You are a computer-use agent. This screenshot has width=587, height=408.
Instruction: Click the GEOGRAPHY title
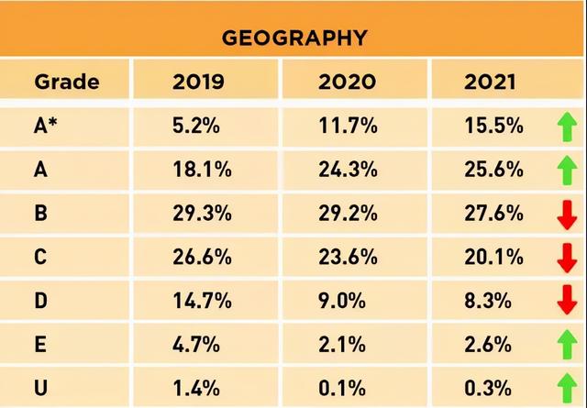pyautogui.click(x=294, y=38)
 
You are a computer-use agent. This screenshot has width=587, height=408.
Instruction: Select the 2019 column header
pyautogui.click(x=198, y=82)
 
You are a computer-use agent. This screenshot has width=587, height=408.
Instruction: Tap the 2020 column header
pyautogui.click(x=347, y=82)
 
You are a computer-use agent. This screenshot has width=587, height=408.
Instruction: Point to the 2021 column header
pyautogui.click(x=490, y=82)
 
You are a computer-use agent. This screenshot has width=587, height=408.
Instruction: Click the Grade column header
pyautogui.click(x=67, y=82)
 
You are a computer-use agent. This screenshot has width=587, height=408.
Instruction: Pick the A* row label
pyautogui.click(x=46, y=126)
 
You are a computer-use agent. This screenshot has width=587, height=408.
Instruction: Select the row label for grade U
pyautogui.click(x=40, y=388)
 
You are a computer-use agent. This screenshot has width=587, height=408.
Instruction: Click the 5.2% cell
pyautogui.click(x=195, y=126)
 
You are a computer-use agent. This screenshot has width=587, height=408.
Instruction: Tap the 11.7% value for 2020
pyautogui.click(x=348, y=126)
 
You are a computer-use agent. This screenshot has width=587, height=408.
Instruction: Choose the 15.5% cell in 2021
pyautogui.click(x=493, y=126)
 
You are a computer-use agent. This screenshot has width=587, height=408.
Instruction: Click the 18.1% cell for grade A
pyautogui.click(x=202, y=170)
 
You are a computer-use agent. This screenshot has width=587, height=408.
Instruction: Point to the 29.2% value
pyautogui.click(x=348, y=213)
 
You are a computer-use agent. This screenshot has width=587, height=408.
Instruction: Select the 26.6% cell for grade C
pyautogui.click(x=202, y=257)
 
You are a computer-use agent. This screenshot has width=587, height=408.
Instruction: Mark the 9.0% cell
pyautogui.click(x=342, y=300)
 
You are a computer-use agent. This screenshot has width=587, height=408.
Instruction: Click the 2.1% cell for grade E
pyautogui.click(x=342, y=344)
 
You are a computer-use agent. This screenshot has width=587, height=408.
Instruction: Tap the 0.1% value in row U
pyautogui.click(x=342, y=388)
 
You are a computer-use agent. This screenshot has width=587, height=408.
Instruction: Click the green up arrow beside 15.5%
pyautogui.click(x=567, y=127)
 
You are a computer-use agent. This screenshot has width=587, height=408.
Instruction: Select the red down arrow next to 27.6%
pyautogui.click(x=567, y=215)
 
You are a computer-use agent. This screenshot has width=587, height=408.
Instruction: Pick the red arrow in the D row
pyautogui.click(x=567, y=300)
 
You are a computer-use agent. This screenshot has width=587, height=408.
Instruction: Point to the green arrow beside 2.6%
pyautogui.click(x=567, y=345)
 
